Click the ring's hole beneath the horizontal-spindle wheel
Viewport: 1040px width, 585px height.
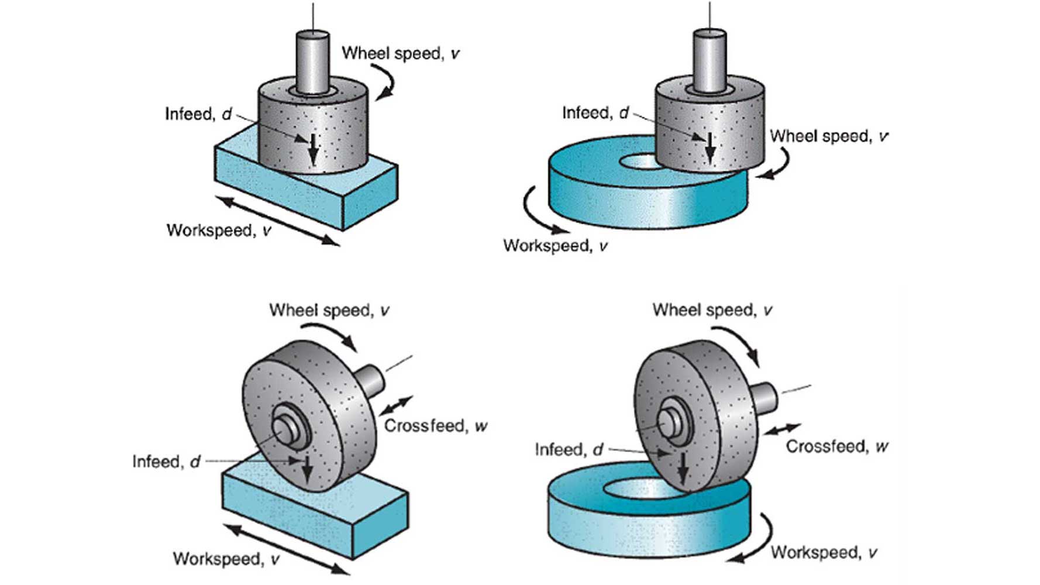coord(638,488)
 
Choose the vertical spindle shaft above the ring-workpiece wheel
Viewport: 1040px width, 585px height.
coord(710,61)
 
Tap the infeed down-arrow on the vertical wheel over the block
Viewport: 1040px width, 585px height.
coord(314,149)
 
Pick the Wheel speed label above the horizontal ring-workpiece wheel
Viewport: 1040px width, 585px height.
coord(712,310)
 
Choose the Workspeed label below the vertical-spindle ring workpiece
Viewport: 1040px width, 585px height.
coord(555,246)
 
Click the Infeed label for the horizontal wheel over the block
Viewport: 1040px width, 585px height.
coord(166,462)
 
